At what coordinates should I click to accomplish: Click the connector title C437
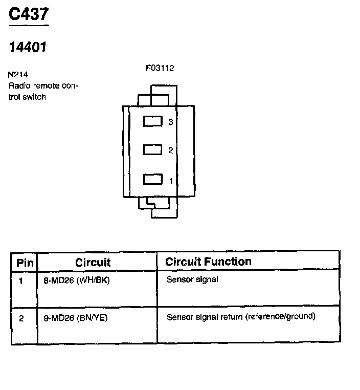pos(29,14)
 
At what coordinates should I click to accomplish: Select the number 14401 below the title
pos(28,47)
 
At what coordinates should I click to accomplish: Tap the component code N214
pos(18,74)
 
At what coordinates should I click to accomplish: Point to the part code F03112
pos(160,68)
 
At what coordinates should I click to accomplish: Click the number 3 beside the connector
pos(171,122)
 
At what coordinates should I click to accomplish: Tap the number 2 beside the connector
pos(171,150)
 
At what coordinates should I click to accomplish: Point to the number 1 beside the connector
pos(171,181)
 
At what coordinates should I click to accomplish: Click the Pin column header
pos(25,263)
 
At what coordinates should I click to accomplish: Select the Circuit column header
pos(93,263)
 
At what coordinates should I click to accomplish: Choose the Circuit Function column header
pos(208,262)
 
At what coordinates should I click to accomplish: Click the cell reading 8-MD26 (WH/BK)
pos(77,280)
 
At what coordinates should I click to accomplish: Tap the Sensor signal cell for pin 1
pos(192,279)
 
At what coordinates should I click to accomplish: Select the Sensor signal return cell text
pos(241,317)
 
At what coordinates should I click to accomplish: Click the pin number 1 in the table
pos(21,280)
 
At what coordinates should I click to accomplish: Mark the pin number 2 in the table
pos(21,318)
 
